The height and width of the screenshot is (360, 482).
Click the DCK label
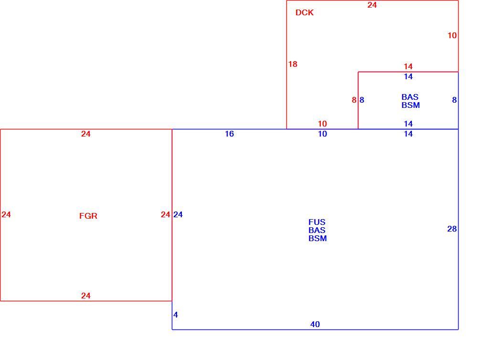[304, 12]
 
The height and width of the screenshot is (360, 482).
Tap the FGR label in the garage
[88, 216]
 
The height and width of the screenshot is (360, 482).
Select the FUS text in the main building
[317, 222]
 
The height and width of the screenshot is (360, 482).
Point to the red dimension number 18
[293, 64]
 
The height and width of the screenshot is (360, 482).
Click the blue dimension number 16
[230, 134]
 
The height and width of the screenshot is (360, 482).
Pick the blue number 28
[452, 229]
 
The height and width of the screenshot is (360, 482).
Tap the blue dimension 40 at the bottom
[315, 324]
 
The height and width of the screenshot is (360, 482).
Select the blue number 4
[176, 315]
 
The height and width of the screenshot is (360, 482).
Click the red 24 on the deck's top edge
[372, 5]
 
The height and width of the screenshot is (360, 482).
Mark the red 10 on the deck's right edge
[452, 35]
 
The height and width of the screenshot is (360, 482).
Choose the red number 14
[408, 66]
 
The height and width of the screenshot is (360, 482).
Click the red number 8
[354, 100]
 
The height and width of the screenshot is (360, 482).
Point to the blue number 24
[178, 214]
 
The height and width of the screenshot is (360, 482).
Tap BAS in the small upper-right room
[410, 97]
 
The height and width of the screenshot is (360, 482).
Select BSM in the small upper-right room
[411, 105]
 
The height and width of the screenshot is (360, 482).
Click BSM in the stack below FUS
[317, 238]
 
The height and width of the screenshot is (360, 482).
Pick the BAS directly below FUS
[317, 230]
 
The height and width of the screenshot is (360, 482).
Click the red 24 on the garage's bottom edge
[86, 296]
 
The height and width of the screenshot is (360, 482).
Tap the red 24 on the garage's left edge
[6, 214]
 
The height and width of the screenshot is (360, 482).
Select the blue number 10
[322, 134]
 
